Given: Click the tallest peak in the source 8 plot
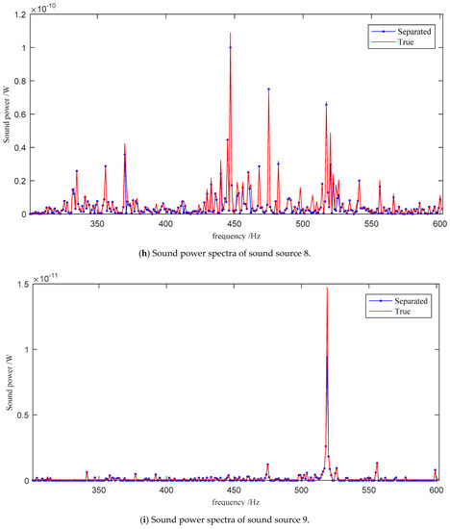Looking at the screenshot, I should (x=231, y=35).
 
